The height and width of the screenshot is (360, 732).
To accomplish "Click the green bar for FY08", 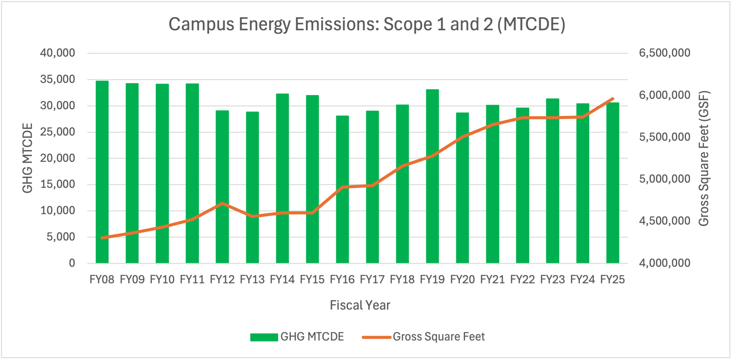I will tap(102, 171).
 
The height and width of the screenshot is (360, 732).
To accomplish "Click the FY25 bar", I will tap(613, 184).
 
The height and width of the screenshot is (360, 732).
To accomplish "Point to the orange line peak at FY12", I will tap(222, 203).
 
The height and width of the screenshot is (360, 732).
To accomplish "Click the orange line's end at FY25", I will tap(613, 98).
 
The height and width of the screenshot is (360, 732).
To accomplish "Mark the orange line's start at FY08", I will tap(102, 238).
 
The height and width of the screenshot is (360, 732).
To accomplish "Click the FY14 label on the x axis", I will tap(282, 280).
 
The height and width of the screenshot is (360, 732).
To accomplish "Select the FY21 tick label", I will tap(492, 280).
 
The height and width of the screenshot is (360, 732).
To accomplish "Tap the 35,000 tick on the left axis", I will tap(58, 80).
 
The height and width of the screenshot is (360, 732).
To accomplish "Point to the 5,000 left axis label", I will tap(61, 237).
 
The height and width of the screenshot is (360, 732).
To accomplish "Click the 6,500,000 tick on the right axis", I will tap(664, 53).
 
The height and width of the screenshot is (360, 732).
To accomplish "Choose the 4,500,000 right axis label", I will tap(664, 221).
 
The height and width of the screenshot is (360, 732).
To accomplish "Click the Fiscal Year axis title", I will tap(360, 305).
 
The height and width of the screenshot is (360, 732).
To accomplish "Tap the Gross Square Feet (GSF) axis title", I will tap(704, 158).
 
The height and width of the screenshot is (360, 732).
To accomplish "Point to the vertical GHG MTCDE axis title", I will tap(28, 158).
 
